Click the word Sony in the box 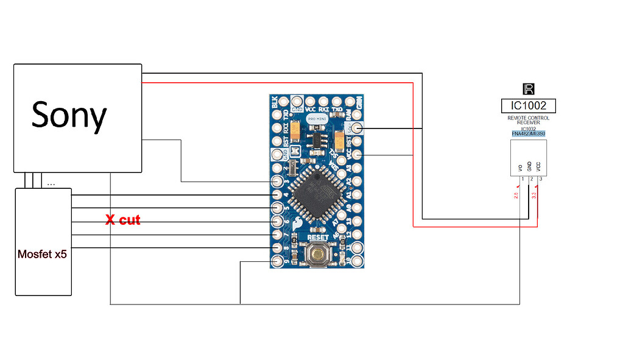pos(69,115)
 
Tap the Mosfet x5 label pos(42,254)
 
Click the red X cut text pos(122,220)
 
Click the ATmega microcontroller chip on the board pos(314,193)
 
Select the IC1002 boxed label pos(528,105)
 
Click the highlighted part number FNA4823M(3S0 pos(528,133)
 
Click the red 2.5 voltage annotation pos(515,196)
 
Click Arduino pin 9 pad pos(278,261)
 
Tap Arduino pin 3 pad pos(278,182)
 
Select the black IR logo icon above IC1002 pos(528,89)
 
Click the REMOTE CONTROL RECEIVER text pos(528,120)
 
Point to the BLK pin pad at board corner pos(278,101)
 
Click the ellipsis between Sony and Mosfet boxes pos(51,182)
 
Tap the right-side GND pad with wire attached pos(355,128)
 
